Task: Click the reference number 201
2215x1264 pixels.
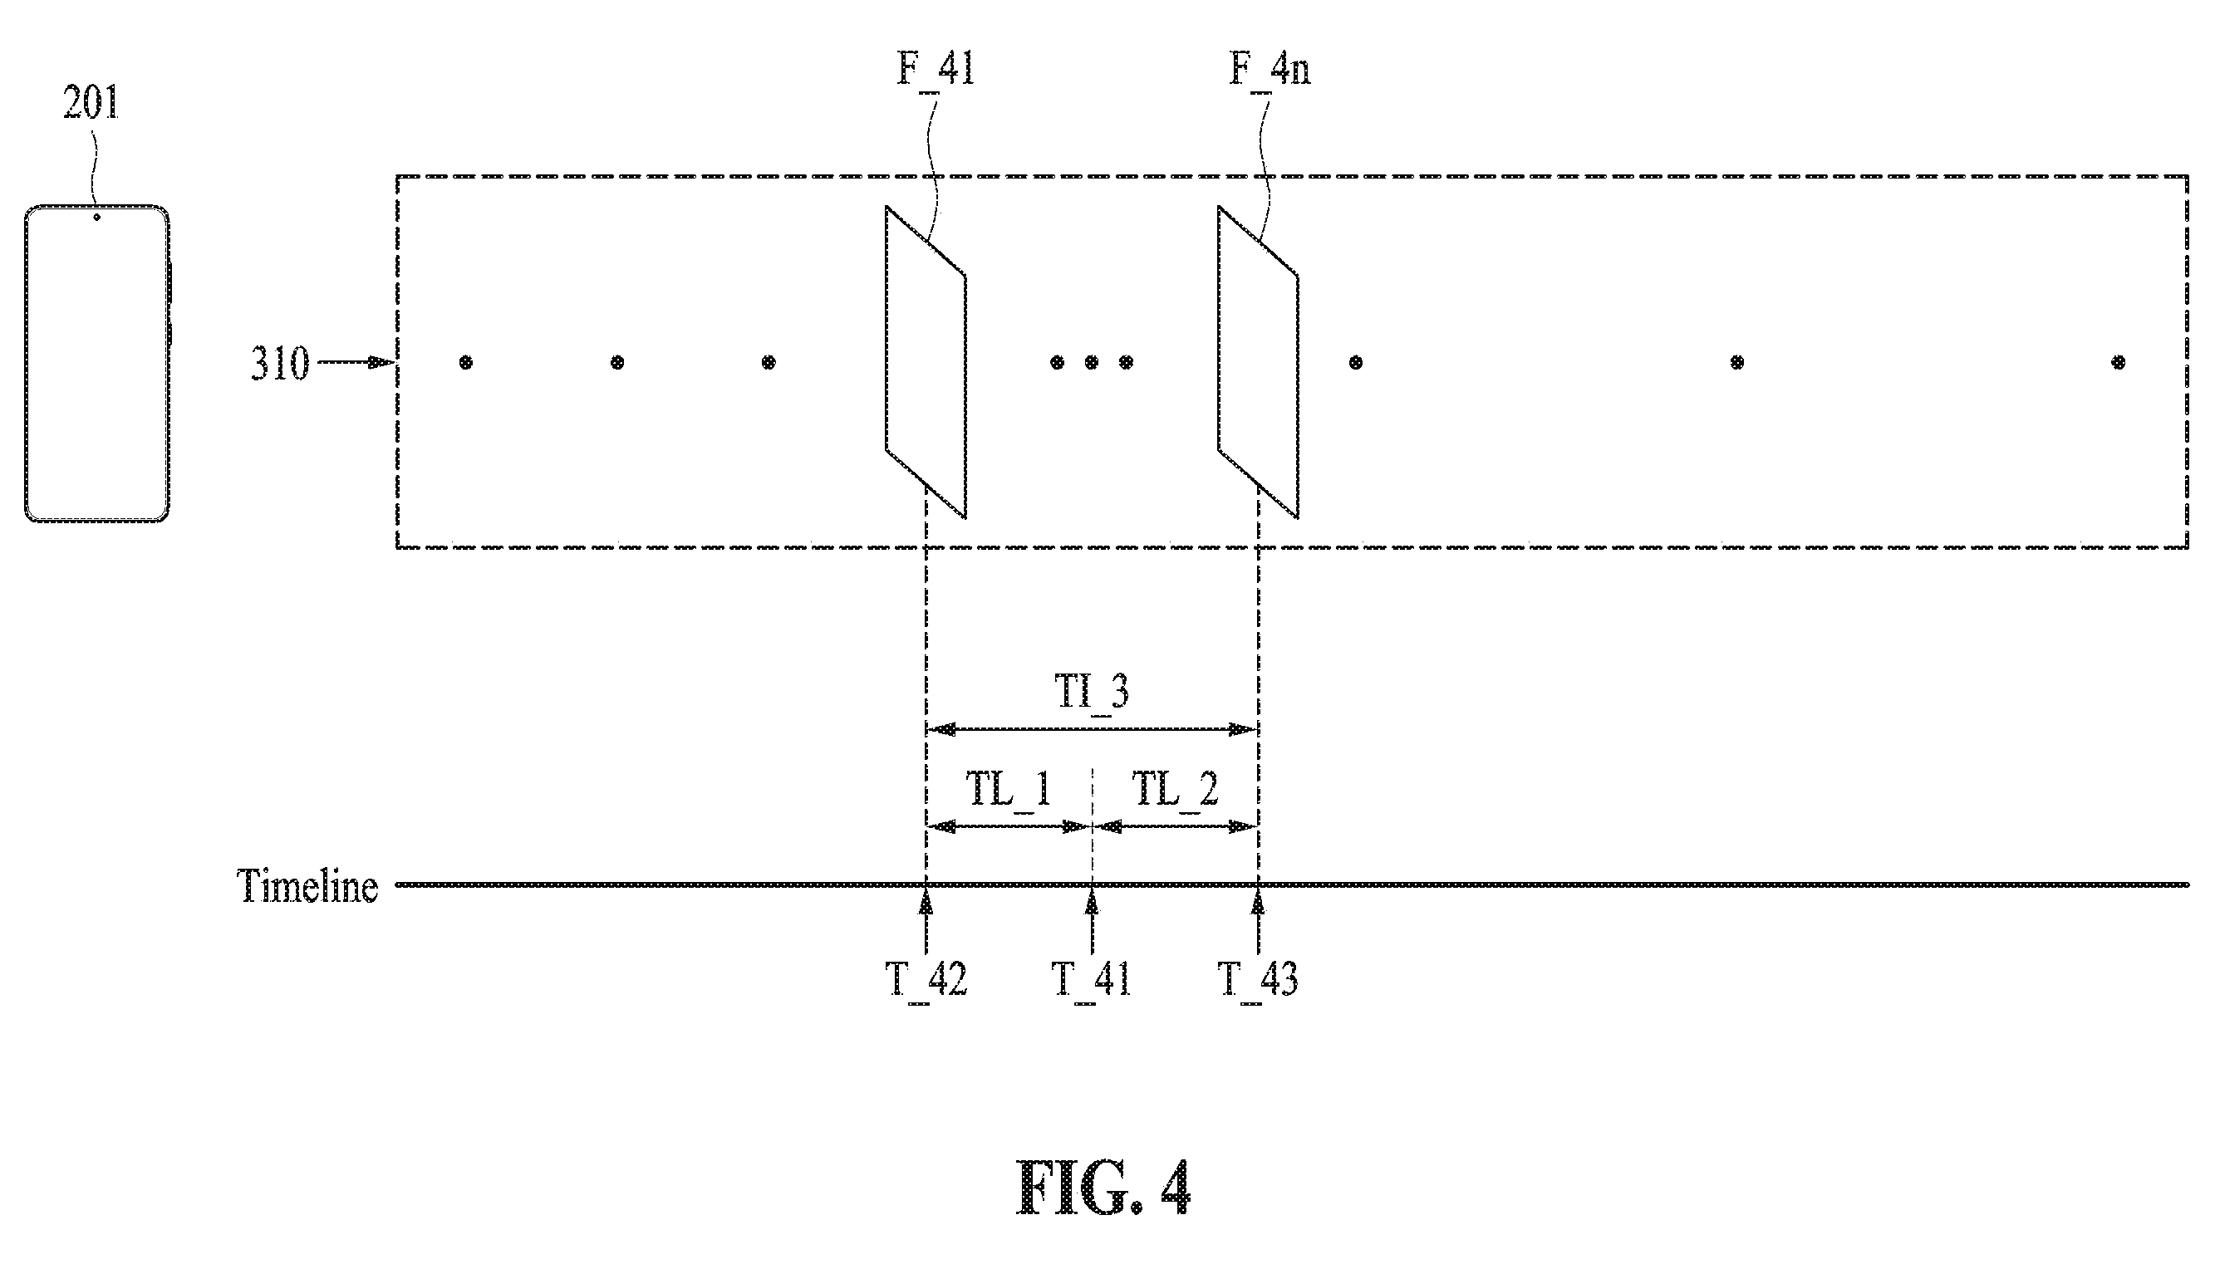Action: [91, 103]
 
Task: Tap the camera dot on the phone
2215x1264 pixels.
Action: [96, 217]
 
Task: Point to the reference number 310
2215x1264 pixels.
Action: [280, 363]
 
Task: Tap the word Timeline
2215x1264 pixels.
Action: [307, 886]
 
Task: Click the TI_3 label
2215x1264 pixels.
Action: [1092, 691]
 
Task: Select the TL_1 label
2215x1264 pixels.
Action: [1009, 788]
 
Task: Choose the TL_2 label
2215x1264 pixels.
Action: [1175, 788]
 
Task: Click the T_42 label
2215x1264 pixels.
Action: [926, 979]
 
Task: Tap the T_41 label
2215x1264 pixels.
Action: [1092, 979]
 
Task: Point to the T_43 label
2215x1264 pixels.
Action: [1258, 979]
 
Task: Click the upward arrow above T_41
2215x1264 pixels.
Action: [1092, 923]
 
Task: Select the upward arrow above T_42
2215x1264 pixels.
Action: [926, 923]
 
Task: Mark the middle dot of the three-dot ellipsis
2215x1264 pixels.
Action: [1092, 362]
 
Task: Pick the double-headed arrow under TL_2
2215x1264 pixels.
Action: [1175, 827]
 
